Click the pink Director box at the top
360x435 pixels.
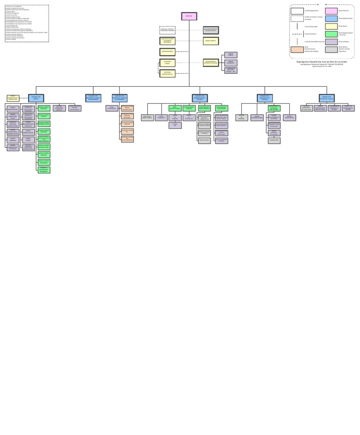189,16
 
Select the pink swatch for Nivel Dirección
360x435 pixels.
331,11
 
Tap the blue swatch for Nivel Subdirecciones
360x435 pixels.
331,19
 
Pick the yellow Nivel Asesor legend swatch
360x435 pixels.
331,26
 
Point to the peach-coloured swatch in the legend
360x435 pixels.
297,49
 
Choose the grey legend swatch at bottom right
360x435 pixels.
331,49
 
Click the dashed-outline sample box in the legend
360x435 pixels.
297,19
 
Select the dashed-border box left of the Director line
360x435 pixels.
167,30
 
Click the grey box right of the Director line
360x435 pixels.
210,30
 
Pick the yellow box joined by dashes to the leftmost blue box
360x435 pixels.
13,98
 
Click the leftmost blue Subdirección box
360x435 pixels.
36,98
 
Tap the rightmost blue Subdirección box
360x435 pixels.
327,98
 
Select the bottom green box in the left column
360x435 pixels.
44,170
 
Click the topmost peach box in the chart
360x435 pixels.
127,108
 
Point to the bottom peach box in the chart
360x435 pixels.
127,139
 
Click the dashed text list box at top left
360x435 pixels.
27,23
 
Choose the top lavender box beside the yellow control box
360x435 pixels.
231,55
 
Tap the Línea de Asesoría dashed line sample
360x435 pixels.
297,34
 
